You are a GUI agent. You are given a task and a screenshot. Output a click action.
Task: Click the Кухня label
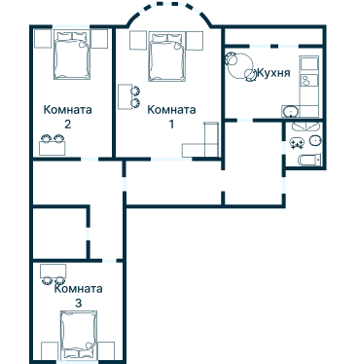[x=273, y=74]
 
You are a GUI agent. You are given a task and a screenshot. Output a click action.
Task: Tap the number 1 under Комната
[x=171, y=124]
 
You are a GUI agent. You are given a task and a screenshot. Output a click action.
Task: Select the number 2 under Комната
[x=67, y=124]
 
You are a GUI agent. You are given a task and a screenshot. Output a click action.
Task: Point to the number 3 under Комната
[x=78, y=303]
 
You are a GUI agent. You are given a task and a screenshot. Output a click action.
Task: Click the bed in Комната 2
[x=71, y=55]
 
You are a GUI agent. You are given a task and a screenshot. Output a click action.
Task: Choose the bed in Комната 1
[x=167, y=56]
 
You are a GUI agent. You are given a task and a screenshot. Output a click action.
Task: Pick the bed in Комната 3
[x=79, y=335]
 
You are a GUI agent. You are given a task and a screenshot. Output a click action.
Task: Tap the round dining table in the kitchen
[x=240, y=65]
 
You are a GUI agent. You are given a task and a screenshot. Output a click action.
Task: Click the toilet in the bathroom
[x=309, y=160]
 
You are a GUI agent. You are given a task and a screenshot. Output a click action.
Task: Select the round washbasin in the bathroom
[x=315, y=140]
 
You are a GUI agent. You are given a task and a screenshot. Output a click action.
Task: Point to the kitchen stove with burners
[x=309, y=80]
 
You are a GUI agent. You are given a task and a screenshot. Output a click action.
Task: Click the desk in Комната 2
[x=53, y=148]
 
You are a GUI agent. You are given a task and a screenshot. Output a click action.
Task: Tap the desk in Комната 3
[x=54, y=271]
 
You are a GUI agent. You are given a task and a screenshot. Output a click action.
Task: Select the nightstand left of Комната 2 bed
[x=43, y=39]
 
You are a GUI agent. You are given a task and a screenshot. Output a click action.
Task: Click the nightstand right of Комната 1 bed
[x=196, y=41]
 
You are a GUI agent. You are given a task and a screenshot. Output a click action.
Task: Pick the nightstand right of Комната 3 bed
[x=106, y=351]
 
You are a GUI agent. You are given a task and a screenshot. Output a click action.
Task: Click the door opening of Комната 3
[x=109, y=261]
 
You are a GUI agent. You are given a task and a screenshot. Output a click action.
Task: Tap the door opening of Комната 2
[x=90, y=159]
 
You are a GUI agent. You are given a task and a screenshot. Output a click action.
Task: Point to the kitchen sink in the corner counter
[x=291, y=111]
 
